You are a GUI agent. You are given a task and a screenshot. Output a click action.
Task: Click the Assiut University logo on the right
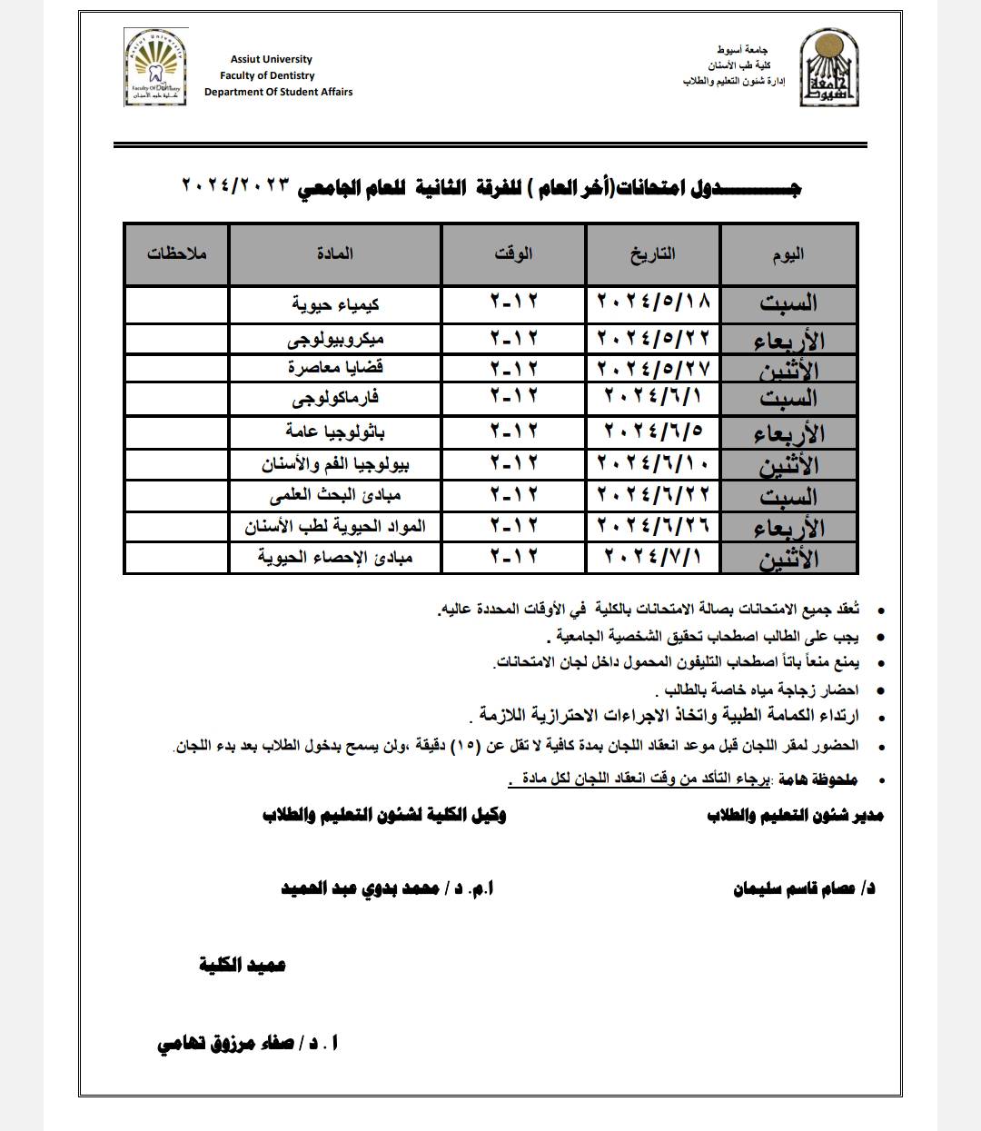[826, 66]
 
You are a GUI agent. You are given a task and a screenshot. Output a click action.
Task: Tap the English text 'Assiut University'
[271, 60]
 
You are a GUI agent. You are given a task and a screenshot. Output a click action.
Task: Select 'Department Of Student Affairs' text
[278, 92]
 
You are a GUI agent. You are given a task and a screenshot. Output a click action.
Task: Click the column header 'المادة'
[335, 253]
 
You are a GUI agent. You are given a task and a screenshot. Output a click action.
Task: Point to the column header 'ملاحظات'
[177, 253]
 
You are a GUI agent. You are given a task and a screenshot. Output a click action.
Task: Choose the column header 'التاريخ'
[653, 253]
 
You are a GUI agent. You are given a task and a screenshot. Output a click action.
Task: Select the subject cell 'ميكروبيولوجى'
[334, 339]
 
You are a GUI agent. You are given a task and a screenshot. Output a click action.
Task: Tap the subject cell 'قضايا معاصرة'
[334, 368]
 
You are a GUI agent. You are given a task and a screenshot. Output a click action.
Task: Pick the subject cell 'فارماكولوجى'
[335, 398]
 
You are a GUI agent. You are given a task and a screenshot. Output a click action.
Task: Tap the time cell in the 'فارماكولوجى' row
[514, 397]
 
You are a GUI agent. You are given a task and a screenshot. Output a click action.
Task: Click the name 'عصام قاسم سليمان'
[803, 889]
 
